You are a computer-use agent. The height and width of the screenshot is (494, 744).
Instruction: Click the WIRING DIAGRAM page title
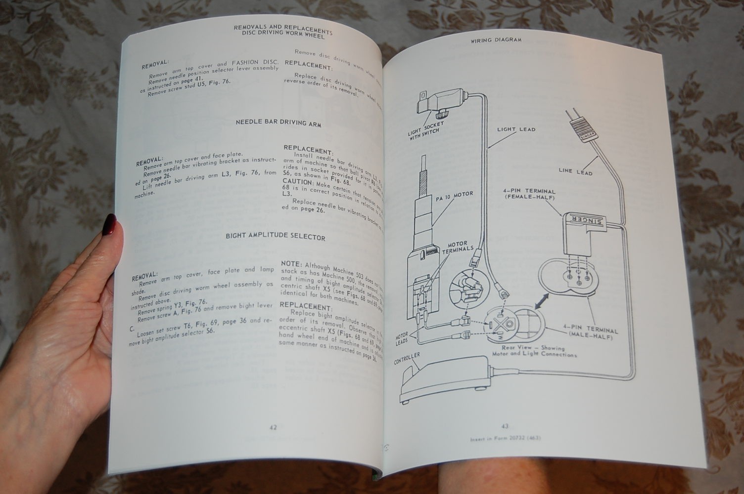click(496, 40)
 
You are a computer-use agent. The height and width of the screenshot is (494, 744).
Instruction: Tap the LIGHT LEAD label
click(516, 130)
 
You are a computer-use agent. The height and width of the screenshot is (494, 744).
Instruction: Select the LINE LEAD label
click(575, 171)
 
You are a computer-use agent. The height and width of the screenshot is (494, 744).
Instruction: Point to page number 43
click(505, 426)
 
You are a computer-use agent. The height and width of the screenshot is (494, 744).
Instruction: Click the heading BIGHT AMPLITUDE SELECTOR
click(276, 237)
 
